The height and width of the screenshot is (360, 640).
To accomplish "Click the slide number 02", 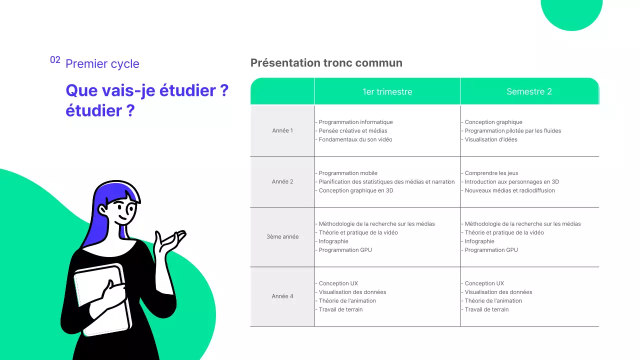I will (x=55, y=60).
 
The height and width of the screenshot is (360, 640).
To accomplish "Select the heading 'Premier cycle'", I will (x=102, y=64).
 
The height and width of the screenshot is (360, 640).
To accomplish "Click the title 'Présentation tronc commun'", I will (x=326, y=63).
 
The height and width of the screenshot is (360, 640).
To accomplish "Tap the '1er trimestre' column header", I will (x=387, y=91).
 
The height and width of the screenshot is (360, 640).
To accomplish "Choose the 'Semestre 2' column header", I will (x=529, y=91).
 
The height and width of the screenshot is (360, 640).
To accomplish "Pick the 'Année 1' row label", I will (x=282, y=130).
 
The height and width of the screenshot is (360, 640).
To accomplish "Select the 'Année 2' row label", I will (x=282, y=181).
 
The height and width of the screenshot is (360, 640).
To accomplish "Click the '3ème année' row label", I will (x=282, y=236).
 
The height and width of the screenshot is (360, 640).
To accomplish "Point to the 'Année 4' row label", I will (x=282, y=296).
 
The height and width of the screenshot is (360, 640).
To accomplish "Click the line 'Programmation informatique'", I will (x=355, y=122).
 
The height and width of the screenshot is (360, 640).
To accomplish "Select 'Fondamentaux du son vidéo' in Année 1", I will (x=355, y=139).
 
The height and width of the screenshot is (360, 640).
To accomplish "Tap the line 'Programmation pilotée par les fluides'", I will (x=512, y=130).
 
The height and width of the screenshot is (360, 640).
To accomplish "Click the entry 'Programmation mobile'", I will (x=348, y=173).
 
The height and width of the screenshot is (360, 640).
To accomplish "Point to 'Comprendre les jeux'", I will (x=491, y=173).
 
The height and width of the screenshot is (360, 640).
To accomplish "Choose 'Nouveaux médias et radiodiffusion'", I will (x=509, y=190).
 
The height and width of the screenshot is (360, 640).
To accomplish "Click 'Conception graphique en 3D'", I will (x=355, y=190).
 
